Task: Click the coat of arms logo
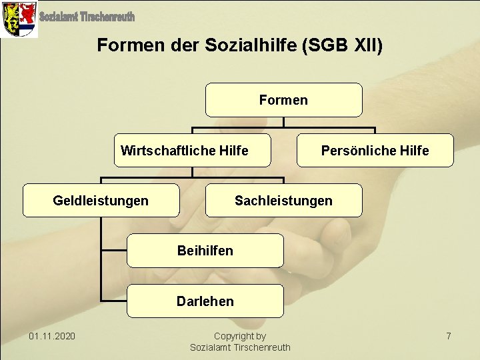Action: (x=19, y=19)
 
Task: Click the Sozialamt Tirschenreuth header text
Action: (x=87, y=16)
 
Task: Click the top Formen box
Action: (x=283, y=100)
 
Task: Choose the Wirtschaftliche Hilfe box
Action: (x=192, y=151)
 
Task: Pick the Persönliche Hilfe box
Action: (x=375, y=151)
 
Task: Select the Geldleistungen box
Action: (x=101, y=201)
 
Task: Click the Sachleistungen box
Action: (x=283, y=201)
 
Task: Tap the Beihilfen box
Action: (x=205, y=251)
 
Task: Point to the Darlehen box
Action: (x=205, y=301)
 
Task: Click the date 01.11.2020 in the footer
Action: (x=52, y=336)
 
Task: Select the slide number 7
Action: (x=449, y=336)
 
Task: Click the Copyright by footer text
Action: (x=240, y=336)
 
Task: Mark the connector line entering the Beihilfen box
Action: (x=113, y=251)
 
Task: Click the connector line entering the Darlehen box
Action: (x=113, y=301)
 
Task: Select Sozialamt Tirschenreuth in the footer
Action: (x=240, y=347)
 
